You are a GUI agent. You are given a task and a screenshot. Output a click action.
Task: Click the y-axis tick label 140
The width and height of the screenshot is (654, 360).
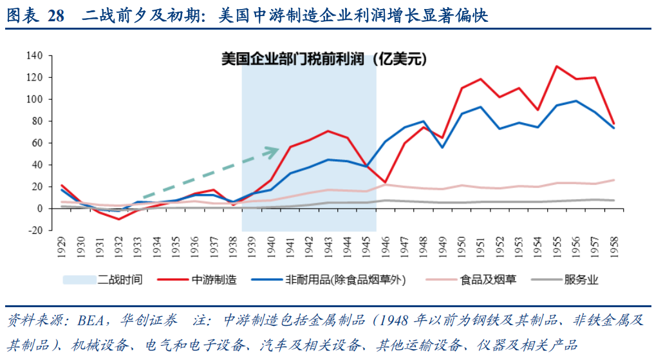pos(33,56)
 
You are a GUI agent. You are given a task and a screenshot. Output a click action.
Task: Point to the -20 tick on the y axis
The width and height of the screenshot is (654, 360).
pos(33,230)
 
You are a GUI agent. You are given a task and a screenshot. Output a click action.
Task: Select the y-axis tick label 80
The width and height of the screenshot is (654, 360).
pos(35,121)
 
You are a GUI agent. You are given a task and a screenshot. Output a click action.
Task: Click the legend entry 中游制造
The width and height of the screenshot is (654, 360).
pos(214,279)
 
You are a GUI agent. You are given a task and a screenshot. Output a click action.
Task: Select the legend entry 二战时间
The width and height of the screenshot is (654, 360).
pos(120,279)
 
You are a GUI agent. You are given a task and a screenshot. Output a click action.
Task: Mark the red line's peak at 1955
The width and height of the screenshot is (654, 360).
pos(557,66)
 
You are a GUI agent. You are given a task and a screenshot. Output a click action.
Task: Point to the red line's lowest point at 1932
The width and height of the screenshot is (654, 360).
pos(119,219)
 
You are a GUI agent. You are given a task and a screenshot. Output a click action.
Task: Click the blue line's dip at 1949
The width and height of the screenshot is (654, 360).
pos(442,147)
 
